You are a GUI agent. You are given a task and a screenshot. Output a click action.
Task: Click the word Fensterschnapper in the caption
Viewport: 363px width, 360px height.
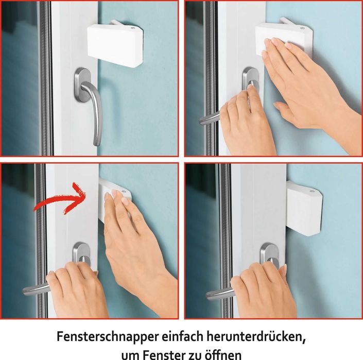[107, 337]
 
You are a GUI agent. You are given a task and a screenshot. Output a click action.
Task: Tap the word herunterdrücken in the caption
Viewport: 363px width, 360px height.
[255, 336]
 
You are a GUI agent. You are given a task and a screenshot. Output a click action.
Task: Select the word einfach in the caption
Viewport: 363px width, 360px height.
[182, 336]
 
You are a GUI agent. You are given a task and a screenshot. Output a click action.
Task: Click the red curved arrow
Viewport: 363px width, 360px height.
[60, 199]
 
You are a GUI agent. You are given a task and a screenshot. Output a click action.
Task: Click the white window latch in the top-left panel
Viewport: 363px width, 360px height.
[115, 44]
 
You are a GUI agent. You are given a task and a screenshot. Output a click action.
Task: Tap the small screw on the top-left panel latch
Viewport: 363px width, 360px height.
[133, 28]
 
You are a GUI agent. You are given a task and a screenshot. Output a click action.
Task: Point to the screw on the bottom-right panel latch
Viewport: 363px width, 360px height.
[313, 192]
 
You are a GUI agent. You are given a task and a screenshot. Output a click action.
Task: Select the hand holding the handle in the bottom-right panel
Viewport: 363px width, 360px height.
[264, 292]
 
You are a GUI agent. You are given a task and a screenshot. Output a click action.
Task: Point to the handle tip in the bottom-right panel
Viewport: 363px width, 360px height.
[209, 296]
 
